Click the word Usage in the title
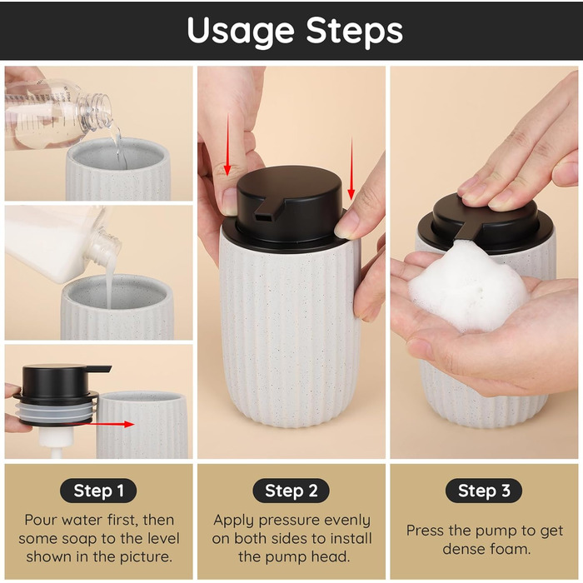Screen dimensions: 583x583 tap(241, 32)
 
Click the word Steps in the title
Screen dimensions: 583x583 tap(354, 31)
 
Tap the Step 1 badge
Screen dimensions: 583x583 tap(98, 491)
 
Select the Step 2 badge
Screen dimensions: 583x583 tap(291, 491)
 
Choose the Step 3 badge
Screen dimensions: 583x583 tap(484, 491)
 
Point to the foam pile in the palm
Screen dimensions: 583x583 tap(468, 287)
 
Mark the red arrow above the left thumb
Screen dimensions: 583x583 tap(227, 144)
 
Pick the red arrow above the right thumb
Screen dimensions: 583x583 tap(351, 168)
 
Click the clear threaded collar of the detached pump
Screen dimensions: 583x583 tap(56, 411)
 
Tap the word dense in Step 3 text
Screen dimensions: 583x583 tap(463, 549)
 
